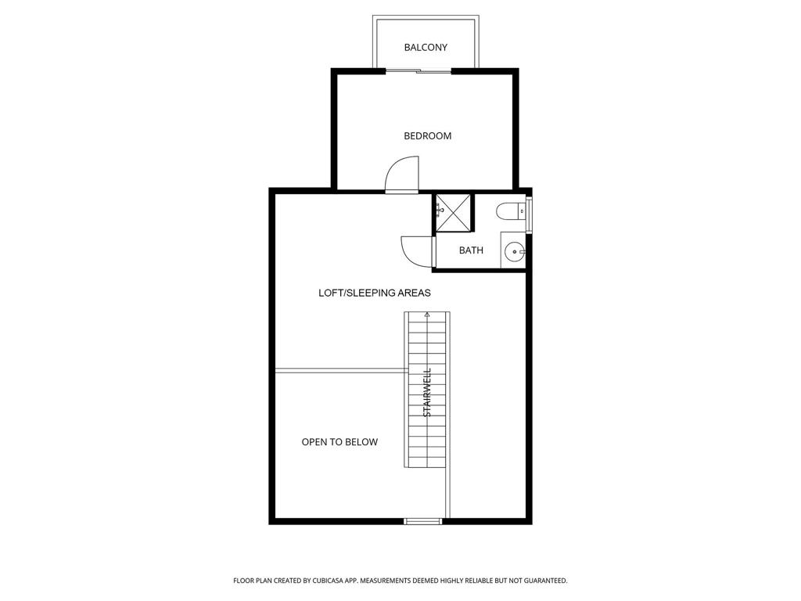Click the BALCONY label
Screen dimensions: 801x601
(426, 48)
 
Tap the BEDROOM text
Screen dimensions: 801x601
(428, 136)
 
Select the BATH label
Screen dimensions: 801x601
(471, 250)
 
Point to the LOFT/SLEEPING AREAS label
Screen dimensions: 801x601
(375, 293)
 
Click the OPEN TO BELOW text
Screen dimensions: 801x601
(339, 442)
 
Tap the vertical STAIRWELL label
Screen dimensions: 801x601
(428, 393)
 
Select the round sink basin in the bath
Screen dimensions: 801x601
(514, 251)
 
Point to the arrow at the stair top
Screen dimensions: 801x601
(427, 315)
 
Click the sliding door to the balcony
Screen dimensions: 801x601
(419, 71)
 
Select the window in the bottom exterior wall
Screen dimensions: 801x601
(423, 521)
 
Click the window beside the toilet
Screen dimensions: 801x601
(530, 214)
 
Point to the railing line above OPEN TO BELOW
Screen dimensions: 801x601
(341, 370)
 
